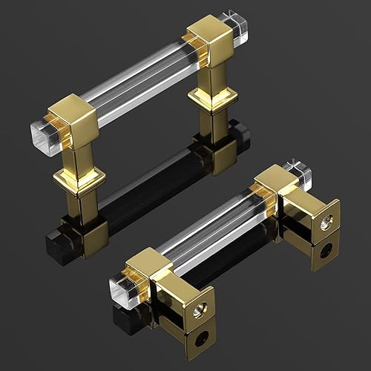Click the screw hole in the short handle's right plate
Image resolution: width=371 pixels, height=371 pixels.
pyautogui.click(x=326, y=220)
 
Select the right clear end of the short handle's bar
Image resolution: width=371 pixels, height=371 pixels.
pyautogui.click(x=300, y=172)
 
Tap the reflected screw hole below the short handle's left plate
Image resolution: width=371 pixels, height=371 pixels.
pyautogui.click(x=198, y=342)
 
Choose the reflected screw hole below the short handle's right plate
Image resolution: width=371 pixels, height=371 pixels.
pyautogui.click(x=326, y=251)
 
